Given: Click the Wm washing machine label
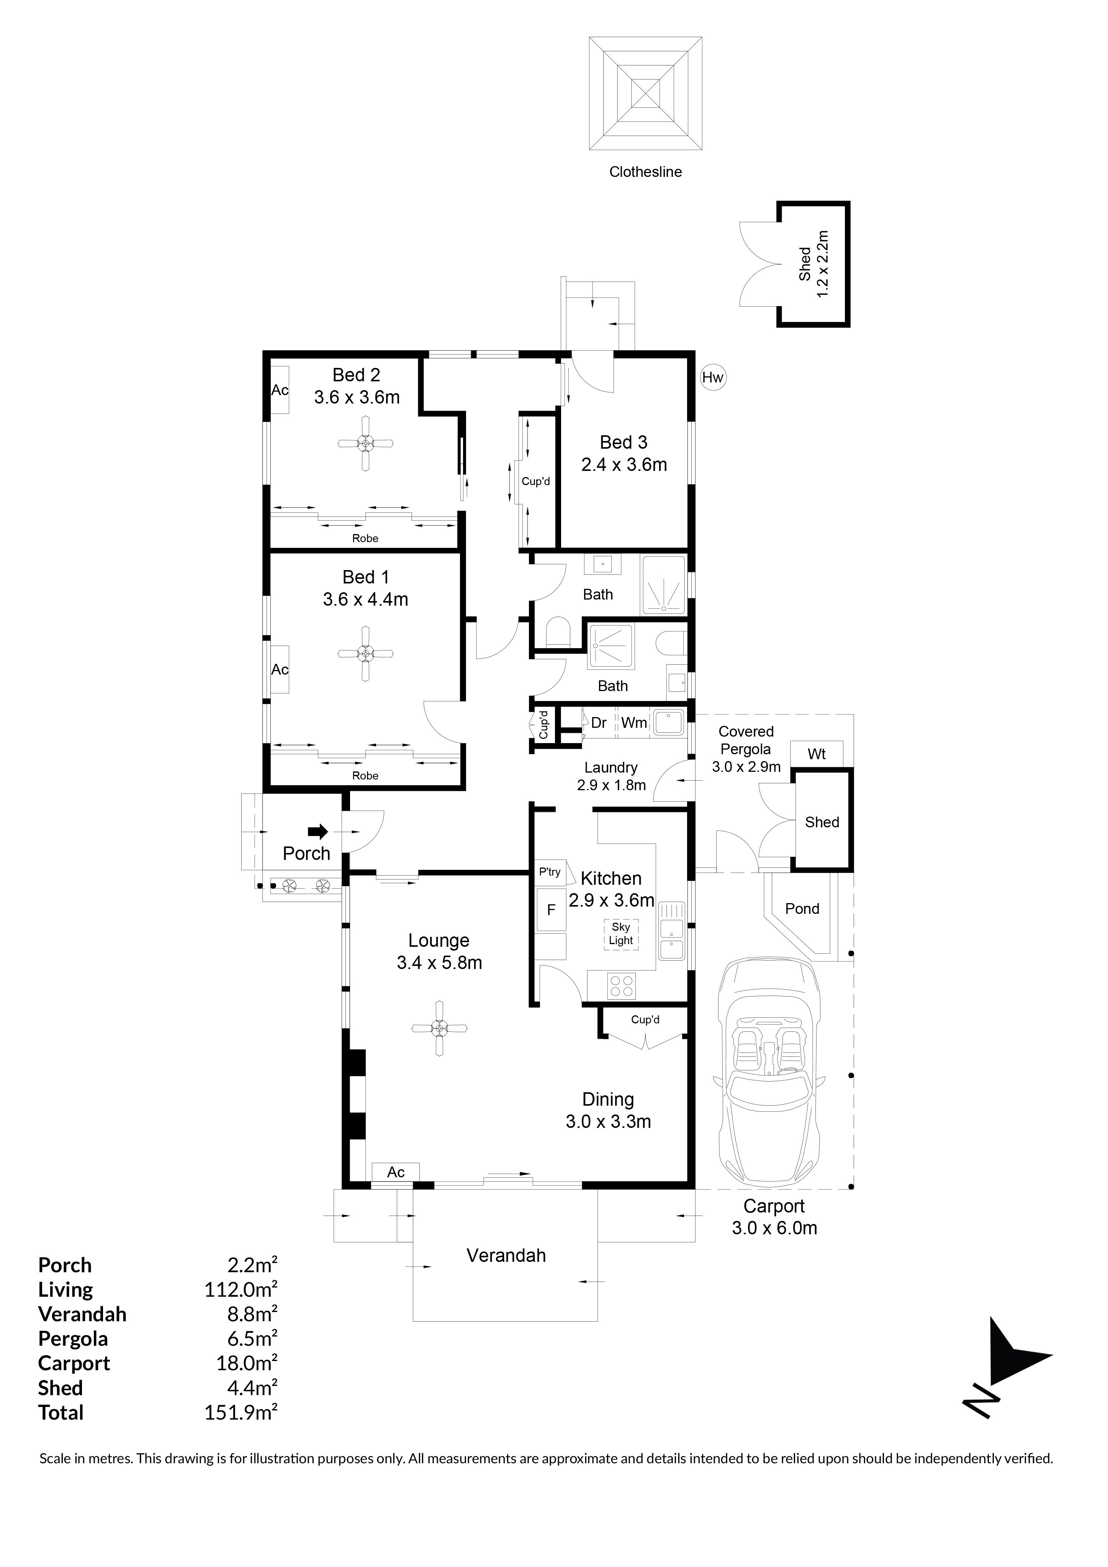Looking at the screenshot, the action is coord(634,723).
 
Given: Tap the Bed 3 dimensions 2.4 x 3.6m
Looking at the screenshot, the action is coord(624,465).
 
